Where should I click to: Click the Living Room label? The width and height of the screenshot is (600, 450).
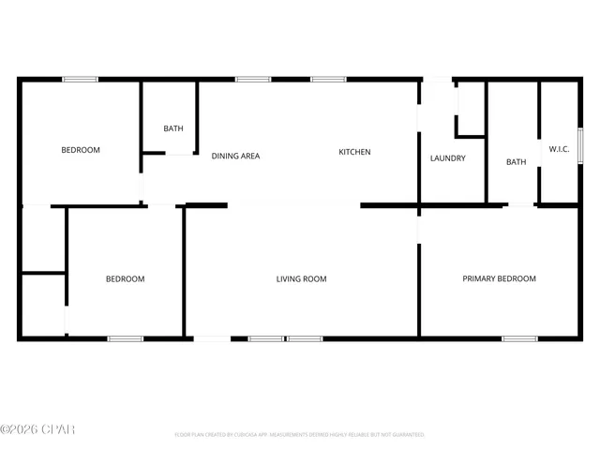click(x=301, y=278)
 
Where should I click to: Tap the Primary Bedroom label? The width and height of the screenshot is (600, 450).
click(x=499, y=278)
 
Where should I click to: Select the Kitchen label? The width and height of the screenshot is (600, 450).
click(x=354, y=153)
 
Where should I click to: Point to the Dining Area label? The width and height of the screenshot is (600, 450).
click(x=235, y=156)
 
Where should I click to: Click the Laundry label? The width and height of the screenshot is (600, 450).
click(x=447, y=158)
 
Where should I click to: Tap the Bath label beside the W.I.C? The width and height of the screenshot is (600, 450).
click(x=516, y=162)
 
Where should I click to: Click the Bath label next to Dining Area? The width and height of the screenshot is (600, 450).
click(x=173, y=129)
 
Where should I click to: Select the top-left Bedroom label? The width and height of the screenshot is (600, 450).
click(x=81, y=150)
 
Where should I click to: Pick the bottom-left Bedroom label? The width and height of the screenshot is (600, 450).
click(x=125, y=278)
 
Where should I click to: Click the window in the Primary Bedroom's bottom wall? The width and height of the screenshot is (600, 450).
click(x=519, y=337)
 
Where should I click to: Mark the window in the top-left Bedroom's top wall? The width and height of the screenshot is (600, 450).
click(x=81, y=80)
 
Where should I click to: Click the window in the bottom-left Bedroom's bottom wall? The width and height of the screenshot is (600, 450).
click(x=125, y=337)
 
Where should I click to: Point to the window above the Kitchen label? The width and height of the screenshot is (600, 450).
click(x=328, y=80)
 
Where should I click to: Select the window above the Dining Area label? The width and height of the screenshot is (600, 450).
click(x=253, y=80)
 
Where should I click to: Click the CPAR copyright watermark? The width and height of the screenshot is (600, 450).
click(x=37, y=429)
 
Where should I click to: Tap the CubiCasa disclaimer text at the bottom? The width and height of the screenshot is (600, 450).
click(x=300, y=435)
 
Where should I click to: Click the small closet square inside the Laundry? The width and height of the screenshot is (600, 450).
click(x=470, y=111)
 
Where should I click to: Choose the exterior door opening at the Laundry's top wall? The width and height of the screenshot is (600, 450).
click(x=437, y=80)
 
